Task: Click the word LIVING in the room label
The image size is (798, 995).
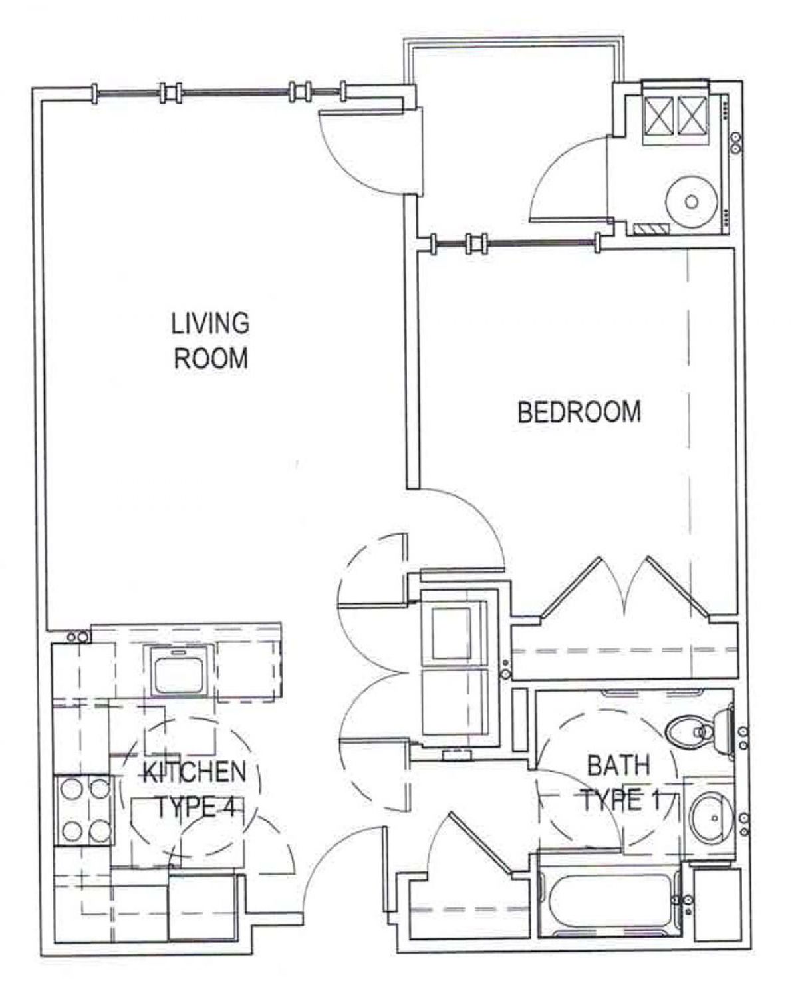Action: (x=210, y=323)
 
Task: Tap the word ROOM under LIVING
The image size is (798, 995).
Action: (x=211, y=358)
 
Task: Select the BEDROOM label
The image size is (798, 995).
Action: (x=579, y=412)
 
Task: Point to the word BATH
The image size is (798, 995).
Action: (x=618, y=766)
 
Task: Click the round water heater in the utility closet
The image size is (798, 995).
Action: (x=691, y=202)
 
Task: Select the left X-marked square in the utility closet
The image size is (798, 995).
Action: (x=658, y=114)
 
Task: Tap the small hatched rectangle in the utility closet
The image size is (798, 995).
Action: (x=651, y=229)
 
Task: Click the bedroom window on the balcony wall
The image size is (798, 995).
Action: (x=515, y=243)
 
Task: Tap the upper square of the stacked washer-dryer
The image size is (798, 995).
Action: (x=451, y=633)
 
